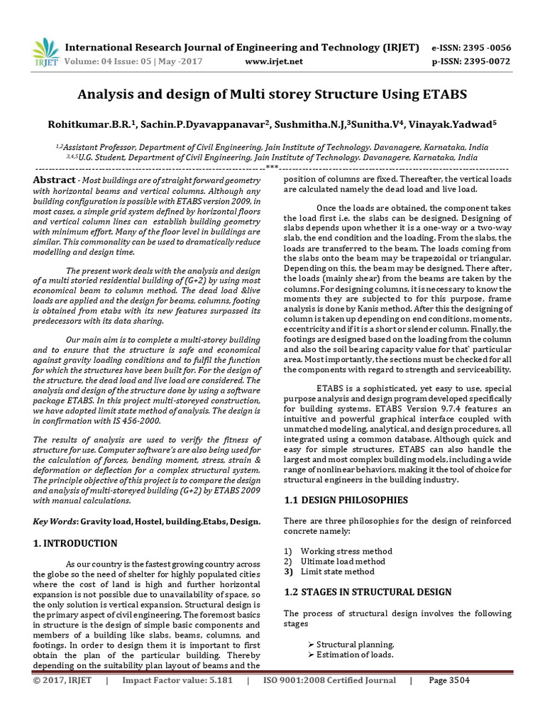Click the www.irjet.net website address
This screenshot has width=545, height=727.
click(273, 62)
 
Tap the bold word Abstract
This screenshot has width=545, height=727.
click(54, 180)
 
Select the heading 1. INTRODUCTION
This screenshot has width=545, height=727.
click(75, 544)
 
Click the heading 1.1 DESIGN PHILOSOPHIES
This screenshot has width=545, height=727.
click(346, 500)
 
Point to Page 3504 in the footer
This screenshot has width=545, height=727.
click(449, 680)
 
